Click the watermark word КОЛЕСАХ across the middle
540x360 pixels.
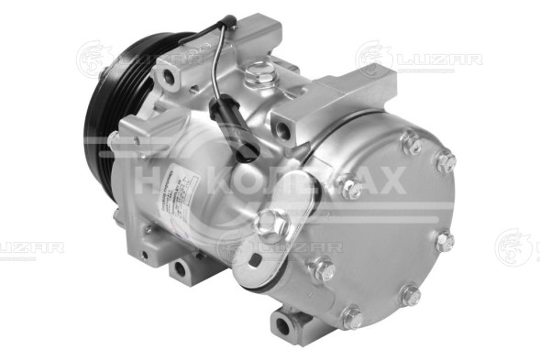click(313, 180)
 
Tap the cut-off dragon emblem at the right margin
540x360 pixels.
click(519, 247)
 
